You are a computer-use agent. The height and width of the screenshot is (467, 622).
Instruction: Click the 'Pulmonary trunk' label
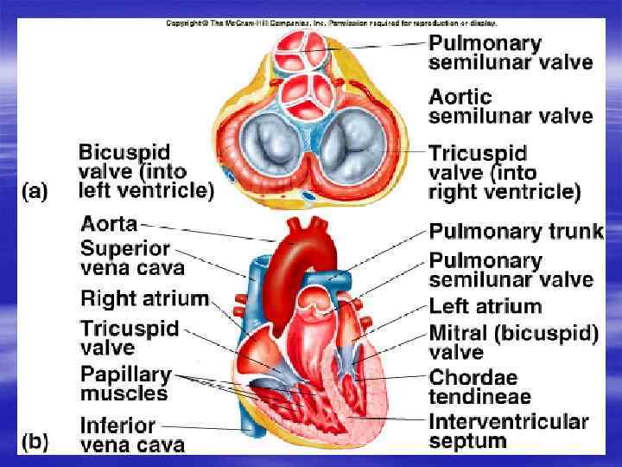point(516,232)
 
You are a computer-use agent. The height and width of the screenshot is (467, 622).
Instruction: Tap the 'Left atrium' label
point(486,306)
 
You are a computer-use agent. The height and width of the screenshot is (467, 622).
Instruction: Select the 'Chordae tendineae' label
point(480,387)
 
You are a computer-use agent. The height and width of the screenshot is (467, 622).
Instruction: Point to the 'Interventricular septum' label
point(509,432)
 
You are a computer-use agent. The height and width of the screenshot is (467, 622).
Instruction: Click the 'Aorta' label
point(109,224)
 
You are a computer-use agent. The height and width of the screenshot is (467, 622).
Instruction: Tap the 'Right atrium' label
point(144,299)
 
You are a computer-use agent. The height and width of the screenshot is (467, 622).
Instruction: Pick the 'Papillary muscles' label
point(124,384)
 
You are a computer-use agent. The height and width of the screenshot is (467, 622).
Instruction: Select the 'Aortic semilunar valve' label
point(511,106)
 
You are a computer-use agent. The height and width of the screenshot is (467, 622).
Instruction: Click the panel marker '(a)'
point(35,190)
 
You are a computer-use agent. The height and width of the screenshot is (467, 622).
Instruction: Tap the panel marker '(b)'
point(35,442)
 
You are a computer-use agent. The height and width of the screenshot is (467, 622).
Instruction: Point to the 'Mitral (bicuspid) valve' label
point(513,342)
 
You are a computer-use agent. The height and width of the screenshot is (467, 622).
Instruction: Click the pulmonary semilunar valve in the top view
point(303,50)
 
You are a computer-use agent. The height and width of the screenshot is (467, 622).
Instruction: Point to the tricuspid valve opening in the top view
point(352,144)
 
